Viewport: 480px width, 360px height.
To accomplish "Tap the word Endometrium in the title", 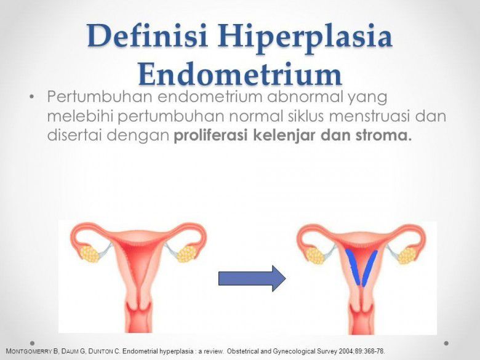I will (x=240, y=74).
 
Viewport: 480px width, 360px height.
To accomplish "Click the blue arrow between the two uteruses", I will (x=252, y=279).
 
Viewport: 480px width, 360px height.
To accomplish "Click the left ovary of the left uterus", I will (x=90, y=252).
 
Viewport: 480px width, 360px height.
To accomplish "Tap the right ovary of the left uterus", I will (x=185, y=253).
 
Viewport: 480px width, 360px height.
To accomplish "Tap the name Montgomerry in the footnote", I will (x=30, y=351).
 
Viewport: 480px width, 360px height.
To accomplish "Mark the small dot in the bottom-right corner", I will (x=447, y=343).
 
